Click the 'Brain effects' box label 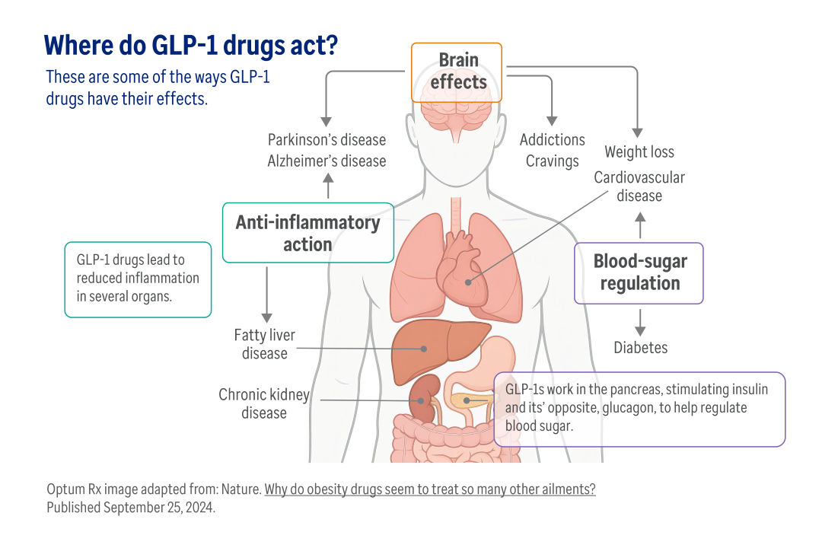pos(457,72)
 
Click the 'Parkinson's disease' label pos(327,140)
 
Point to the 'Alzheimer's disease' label pos(327,161)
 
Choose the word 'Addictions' pos(552,139)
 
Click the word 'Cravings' pos(552,161)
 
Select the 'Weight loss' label pos(639,151)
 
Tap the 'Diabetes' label pos(640,347)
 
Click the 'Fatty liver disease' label pos(265,344)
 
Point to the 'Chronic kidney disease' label pos(263,403)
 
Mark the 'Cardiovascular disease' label pos(639,186)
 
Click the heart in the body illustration pos(461,270)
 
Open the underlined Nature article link pos(430,489)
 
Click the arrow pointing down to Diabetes pos(640,323)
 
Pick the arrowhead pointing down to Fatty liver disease pos(267,318)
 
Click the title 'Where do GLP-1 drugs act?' pos(191,46)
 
